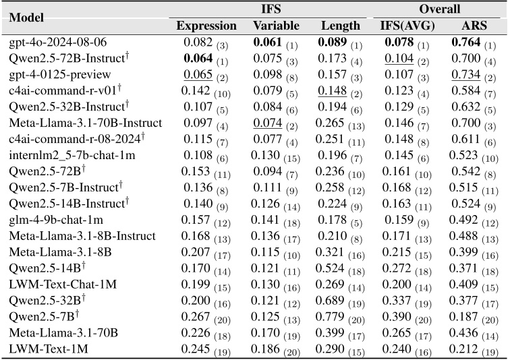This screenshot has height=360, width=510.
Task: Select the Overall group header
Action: [x=438, y=9]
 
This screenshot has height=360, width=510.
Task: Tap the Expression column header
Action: [x=206, y=26]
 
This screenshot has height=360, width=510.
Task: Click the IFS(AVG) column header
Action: [x=405, y=26]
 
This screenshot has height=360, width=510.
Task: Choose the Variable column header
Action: [x=276, y=26]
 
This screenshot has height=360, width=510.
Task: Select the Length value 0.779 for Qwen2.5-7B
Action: [x=335, y=316]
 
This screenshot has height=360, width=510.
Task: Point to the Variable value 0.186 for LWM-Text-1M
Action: [x=268, y=349]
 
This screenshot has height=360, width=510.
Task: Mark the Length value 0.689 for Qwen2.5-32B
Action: [x=335, y=300]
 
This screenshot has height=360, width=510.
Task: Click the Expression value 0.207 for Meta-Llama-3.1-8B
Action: [x=196, y=252]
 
